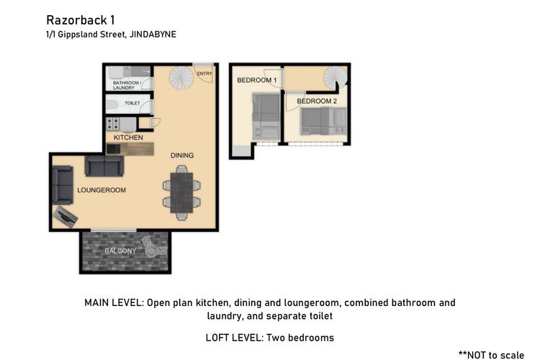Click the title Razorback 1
[81, 20]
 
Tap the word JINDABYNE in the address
[153, 35]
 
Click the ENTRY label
[204, 73]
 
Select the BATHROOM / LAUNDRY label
[126, 85]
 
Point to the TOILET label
[132, 103]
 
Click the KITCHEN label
[128, 138]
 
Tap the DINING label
[182, 156]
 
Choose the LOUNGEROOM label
[102, 190]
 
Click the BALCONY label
[120, 251]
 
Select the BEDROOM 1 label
[256, 80]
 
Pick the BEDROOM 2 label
[317, 102]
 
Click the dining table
[181, 193]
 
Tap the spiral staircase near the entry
[181, 78]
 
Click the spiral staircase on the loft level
[336, 78]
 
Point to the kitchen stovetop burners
[112, 124]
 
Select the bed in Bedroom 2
[323, 121]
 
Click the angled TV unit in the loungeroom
[66, 217]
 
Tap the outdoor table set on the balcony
[153, 247]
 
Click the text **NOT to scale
[491, 355]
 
